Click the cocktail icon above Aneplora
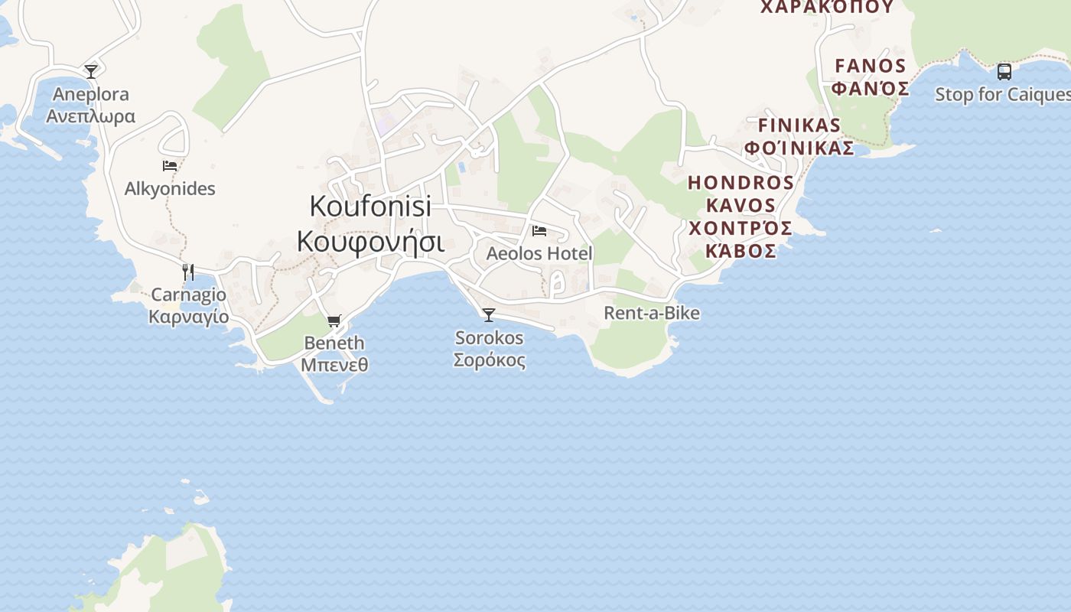pyautogui.click(x=91, y=72)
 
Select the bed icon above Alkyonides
pyautogui.click(x=170, y=165)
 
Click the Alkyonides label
pyautogui.click(x=170, y=189)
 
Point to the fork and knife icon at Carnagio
pyautogui.click(x=188, y=272)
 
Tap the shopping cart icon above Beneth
pyautogui.click(x=334, y=321)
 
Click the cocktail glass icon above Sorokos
pyautogui.click(x=489, y=315)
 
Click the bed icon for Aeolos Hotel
pyautogui.click(x=539, y=230)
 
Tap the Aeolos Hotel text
pyautogui.click(x=539, y=253)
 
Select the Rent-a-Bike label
pyautogui.click(x=652, y=313)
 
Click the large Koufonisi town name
pyautogui.click(x=370, y=206)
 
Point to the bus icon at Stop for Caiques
pyautogui.click(x=1004, y=72)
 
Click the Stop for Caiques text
pyautogui.click(x=1002, y=95)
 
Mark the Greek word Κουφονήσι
pyautogui.click(x=370, y=241)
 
